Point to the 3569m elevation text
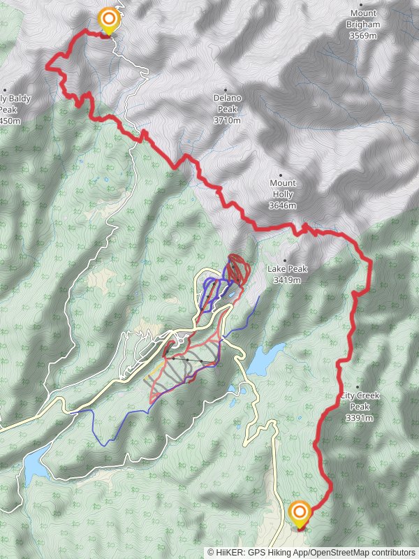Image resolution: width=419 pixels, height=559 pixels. [x=363, y=36]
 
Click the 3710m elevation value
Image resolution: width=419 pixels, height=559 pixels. [x=227, y=120]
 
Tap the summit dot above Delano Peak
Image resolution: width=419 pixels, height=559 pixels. [x=227, y=89]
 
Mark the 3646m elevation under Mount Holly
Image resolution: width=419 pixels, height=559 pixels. [x=282, y=205]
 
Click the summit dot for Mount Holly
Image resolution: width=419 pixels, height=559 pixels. [x=282, y=175]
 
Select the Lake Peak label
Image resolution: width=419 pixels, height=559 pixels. [x=287, y=269]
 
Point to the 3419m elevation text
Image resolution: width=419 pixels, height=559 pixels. [x=287, y=280]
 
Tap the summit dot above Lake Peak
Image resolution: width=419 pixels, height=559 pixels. [x=285, y=260]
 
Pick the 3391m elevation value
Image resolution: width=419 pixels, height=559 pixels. [x=359, y=418]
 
